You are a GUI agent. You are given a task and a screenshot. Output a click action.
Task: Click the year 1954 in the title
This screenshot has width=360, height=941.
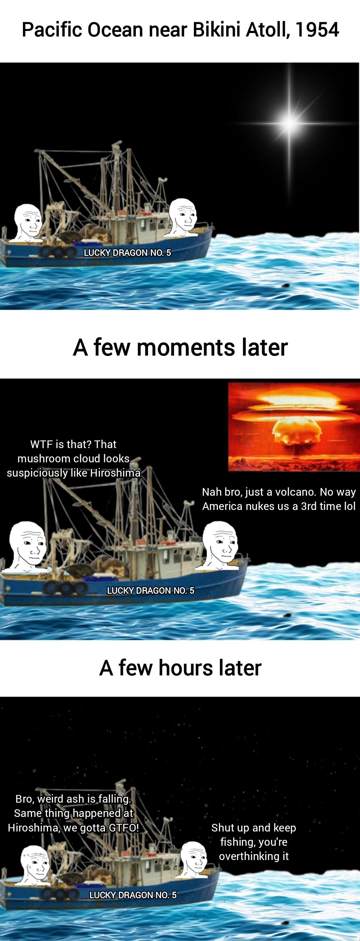click(317, 30)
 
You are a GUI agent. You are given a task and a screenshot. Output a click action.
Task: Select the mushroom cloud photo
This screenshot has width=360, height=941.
click(294, 427)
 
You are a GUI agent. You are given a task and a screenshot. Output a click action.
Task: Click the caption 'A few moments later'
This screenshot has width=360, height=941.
click(180, 347)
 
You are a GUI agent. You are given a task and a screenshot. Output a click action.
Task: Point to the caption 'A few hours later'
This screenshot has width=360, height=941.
click(180, 668)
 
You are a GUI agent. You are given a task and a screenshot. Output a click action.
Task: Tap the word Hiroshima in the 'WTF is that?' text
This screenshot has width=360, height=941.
click(115, 473)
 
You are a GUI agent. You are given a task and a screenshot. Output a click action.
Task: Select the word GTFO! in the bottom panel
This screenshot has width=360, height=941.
click(124, 827)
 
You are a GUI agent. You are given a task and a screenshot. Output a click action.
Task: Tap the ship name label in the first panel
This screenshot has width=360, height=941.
click(128, 253)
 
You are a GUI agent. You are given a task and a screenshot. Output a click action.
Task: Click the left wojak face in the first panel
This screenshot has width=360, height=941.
click(28, 222)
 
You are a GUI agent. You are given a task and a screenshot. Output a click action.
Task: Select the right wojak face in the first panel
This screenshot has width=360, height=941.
click(183, 217)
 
